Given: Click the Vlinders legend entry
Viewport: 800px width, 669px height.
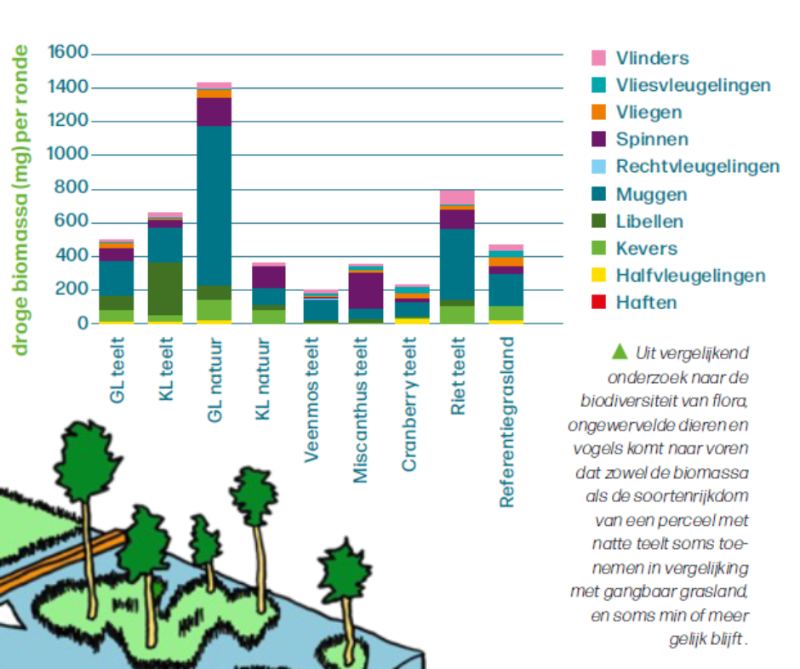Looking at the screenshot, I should coord(653,58).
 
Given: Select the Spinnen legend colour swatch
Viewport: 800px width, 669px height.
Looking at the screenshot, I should coord(599,140).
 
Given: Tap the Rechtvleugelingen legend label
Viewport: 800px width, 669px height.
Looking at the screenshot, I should coord(698,167).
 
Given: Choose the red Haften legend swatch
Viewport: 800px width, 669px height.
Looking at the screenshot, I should coord(599,302).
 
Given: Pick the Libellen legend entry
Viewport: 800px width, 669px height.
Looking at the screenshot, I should coord(649,221).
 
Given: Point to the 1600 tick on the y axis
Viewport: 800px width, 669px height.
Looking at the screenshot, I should coord(69,54).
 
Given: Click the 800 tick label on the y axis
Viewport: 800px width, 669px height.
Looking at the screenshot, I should coord(74,189).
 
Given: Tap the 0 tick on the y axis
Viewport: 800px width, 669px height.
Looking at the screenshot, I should coord(83,323).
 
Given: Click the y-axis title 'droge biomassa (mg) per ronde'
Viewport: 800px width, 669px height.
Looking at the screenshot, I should coord(21,199).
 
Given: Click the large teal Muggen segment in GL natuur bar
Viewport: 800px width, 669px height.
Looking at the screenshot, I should coord(214,204).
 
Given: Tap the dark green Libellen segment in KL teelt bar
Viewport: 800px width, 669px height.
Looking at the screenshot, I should coord(165,288).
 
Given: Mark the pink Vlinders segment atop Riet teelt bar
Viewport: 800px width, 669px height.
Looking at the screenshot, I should coord(458,197).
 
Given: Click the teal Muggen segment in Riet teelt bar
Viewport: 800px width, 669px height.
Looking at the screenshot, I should coord(458,264).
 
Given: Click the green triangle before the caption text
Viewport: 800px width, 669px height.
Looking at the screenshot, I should coord(619,351).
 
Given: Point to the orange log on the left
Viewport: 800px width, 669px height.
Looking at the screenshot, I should coord(60,566).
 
